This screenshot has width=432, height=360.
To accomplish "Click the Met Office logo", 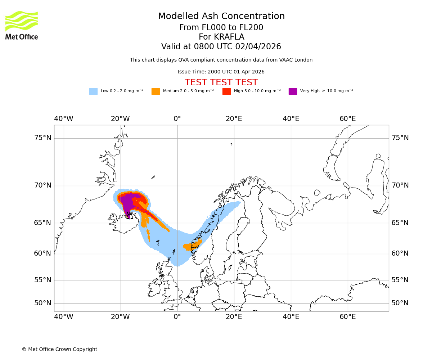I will [x=22, y=25].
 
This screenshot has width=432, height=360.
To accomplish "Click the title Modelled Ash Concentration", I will [x=221, y=17].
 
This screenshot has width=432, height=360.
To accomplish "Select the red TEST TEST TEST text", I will [x=221, y=82].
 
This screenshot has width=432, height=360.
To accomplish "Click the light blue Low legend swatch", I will [x=93, y=91].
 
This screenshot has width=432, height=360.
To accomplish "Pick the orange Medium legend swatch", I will [x=156, y=91].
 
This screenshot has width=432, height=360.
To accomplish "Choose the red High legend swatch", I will [x=226, y=91].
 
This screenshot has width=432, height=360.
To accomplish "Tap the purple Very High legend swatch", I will [x=293, y=91].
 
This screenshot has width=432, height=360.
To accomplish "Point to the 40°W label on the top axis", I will [x=64, y=119].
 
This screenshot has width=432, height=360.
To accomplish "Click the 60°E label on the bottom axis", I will [x=347, y=317].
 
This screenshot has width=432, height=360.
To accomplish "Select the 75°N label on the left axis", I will [x=43, y=138].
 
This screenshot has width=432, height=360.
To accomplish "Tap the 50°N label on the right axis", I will [x=400, y=303].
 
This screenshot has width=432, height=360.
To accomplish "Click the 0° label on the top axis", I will [x=177, y=119].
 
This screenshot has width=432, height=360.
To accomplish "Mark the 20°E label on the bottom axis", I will [x=234, y=317].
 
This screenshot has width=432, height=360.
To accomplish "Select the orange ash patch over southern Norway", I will [x=191, y=247].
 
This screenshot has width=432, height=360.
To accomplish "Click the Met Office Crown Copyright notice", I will [x=59, y=349].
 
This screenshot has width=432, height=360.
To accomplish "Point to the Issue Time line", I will [x=221, y=72].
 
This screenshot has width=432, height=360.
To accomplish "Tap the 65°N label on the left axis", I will [x=43, y=223].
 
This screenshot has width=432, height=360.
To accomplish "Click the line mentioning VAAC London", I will [x=221, y=60].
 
